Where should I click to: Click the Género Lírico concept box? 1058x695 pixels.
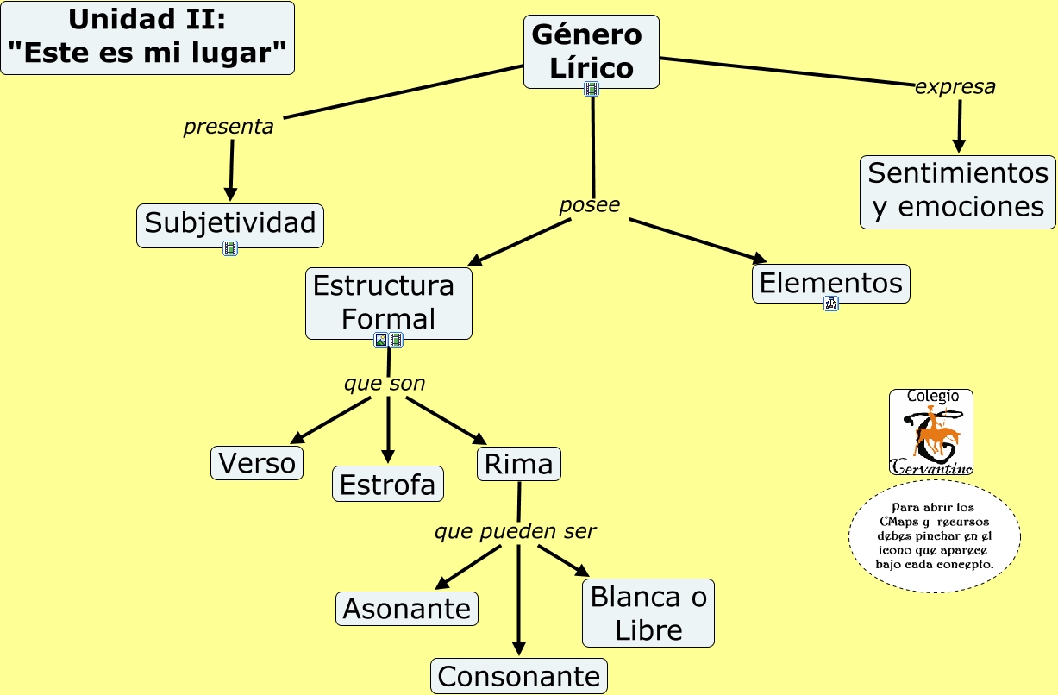[x=591, y=51]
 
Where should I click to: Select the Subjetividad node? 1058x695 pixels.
[x=229, y=224]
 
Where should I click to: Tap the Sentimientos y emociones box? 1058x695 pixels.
[x=957, y=191]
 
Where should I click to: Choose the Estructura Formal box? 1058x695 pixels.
[x=388, y=303]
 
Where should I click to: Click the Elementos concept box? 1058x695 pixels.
[x=830, y=283]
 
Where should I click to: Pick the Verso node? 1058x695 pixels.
[x=257, y=463]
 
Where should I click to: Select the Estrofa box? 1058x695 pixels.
[x=388, y=484]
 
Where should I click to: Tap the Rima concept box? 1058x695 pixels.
[x=518, y=464]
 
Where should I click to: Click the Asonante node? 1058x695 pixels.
[x=407, y=609]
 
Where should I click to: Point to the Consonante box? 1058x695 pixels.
[x=518, y=676]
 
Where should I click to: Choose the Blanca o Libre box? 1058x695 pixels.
[x=648, y=613]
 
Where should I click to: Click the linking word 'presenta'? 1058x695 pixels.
[x=229, y=128]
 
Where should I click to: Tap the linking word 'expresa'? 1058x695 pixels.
[x=955, y=87]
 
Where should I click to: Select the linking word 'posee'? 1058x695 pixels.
[x=590, y=205]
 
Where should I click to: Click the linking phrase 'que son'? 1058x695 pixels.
[x=385, y=384]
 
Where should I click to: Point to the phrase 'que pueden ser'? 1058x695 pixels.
[x=515, y=532]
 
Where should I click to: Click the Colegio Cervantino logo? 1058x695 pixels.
[x=930, y=432]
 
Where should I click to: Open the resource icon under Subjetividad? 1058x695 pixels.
[x=230, y=249]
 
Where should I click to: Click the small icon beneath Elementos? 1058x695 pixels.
[x=831, y=304]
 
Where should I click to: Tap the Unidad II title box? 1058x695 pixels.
[x=147, y=38]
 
